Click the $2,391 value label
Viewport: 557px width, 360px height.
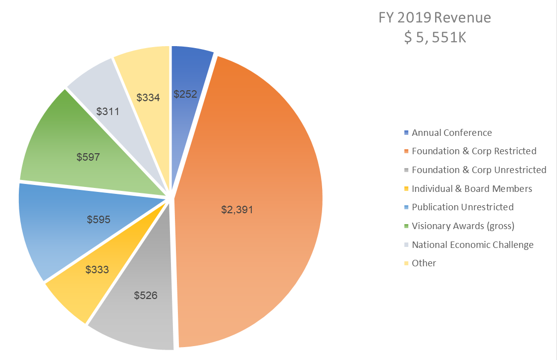(237, 210)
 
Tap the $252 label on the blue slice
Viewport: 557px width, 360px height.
(185, 94)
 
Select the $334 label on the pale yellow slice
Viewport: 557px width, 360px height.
(148, 98)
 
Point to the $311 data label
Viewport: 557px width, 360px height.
(108, 112)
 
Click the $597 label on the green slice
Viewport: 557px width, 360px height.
(88, 157)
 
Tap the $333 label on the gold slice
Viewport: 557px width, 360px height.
(97, 270)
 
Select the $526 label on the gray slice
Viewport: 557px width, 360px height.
(146, 296)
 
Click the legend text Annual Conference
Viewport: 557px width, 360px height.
(451, 133)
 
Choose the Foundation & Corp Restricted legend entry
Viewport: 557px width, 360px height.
(474, 151)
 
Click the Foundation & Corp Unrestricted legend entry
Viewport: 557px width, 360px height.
(479, 170)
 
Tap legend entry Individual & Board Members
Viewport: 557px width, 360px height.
(472, 189)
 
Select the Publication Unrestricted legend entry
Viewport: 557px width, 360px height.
(462, 207)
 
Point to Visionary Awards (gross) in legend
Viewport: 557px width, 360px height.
(463, 226)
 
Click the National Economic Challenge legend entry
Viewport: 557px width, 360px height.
(472, 245)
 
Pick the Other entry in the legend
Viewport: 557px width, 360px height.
(424, 263)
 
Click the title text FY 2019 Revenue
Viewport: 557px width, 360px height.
(435, 18)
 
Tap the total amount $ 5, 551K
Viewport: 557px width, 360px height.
(435, 37)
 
